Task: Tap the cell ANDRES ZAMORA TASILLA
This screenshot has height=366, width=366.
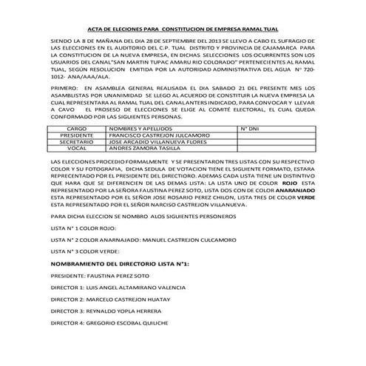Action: (143, 149)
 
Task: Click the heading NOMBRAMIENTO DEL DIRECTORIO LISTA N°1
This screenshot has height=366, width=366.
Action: (121, 263)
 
